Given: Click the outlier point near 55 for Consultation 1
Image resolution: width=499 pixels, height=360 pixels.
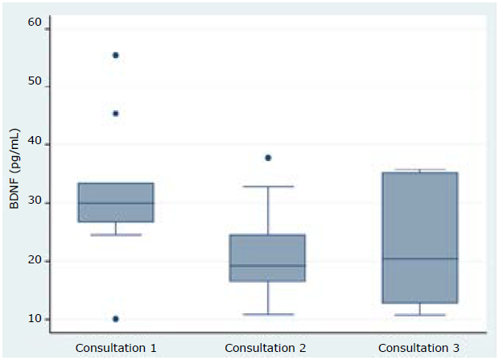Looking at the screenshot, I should coord(116,56).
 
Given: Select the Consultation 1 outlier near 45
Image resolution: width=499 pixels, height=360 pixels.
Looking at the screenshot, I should coord(116,114).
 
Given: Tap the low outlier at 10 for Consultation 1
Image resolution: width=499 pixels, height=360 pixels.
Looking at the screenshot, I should coord(116,319).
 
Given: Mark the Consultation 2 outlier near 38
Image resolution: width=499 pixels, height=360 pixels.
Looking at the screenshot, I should coord(268,158).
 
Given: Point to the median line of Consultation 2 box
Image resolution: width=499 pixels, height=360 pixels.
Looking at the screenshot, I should coord(268,266).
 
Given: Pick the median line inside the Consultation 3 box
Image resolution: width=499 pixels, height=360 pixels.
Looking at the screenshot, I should coord(420,259).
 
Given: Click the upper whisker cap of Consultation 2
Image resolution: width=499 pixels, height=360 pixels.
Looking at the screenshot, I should coord(268,187).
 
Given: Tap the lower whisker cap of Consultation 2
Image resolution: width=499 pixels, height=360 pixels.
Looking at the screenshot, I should coord(268,314).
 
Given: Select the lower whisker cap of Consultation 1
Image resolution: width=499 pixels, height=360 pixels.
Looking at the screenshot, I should coord(116,234).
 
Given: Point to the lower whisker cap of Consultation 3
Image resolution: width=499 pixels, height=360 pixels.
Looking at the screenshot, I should coord(420,315).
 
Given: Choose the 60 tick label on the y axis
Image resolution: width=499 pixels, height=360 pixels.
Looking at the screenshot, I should coord(34,23).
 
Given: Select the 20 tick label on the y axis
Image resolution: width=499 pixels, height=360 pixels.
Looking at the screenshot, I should coord(34,261).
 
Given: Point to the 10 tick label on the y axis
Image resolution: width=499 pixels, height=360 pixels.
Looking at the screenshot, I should coord(34,319).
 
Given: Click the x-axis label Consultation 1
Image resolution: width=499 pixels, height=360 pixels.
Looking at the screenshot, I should coord(116,348).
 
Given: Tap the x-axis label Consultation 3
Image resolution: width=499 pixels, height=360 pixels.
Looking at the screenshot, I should coord(420,348).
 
